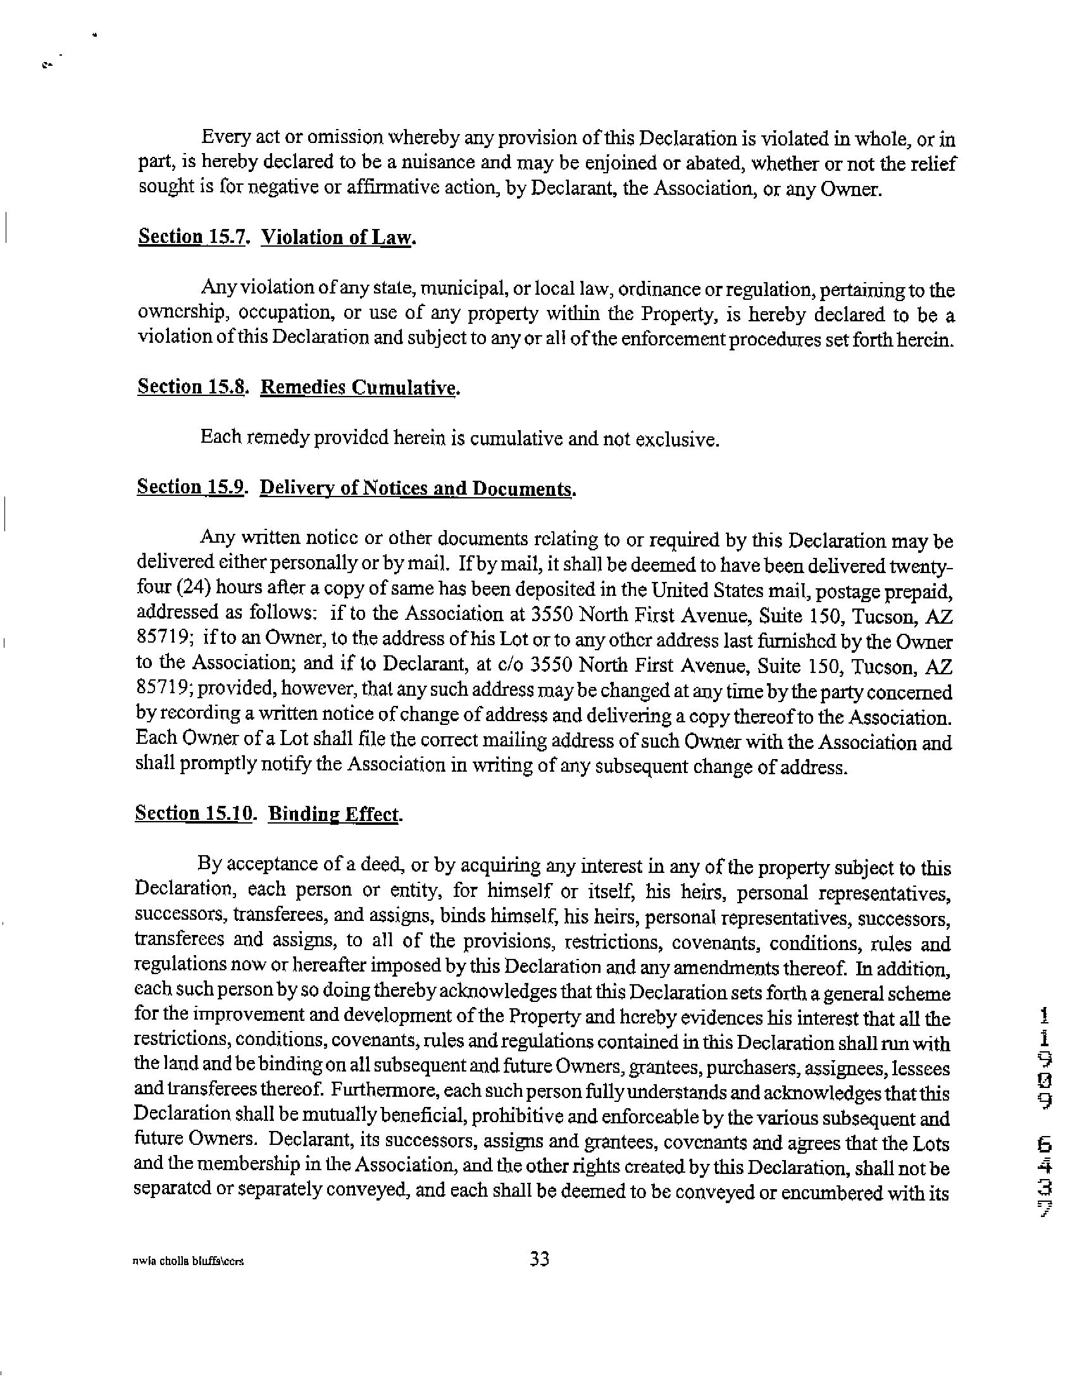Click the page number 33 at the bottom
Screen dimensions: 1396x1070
pyautogui.click(x=539, y=1259)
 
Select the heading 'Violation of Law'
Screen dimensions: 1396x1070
pyautogui.click(x=338, y=237)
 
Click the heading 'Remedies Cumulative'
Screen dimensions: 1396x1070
pyautogui.click(x=359, y=388)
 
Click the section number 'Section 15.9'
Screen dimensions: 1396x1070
pyautogui.click(x=190, y=487)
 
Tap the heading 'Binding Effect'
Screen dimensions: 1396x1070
pyautogui.click(x=335, y=814)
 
